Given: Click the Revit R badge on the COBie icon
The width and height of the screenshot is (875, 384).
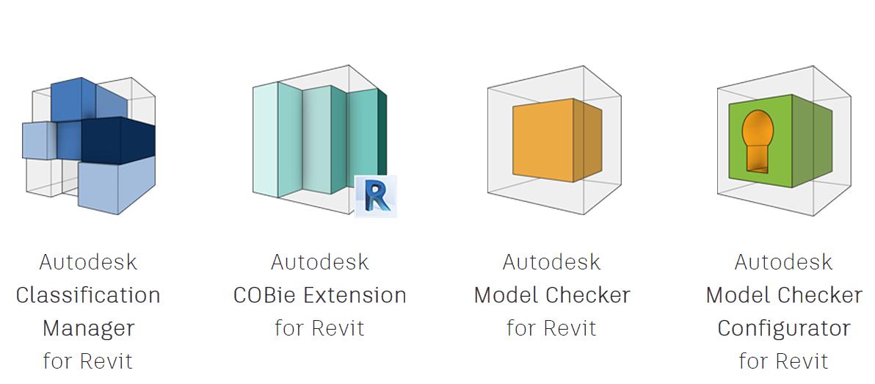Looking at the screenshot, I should pyautogui.click(x=376, y=196).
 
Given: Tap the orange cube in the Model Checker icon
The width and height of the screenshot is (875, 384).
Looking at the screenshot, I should pyautogui.click(x=543, y=141).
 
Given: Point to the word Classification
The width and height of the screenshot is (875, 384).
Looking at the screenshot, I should pyautogui.click(x=88, y=295).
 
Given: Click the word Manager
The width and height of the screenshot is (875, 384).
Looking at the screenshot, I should pyautogui.click(x=88, y=328).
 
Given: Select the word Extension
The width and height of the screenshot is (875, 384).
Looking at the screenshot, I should pyautogui.click(x=355, y=295).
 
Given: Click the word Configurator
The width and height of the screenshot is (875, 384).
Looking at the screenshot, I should pyautogui.click(x=783, y=328).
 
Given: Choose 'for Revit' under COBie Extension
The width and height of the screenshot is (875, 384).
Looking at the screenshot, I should pyautogui.click(x=319, y=328).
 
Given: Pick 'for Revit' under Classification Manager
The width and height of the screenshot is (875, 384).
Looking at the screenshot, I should pyautogui.click(x=88, y=361).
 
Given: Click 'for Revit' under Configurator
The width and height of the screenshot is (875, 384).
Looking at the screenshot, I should pyautogui.click(x=783, y=361).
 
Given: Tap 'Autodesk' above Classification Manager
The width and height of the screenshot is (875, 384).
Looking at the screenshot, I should pyautogui.click(x=88, y=262).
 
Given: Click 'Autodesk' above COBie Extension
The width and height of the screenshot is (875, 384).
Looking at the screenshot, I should pyautogui.click(x=319, y=262).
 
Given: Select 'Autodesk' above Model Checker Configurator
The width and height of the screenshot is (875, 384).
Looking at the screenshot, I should pyautogui.click(x=783, y=262).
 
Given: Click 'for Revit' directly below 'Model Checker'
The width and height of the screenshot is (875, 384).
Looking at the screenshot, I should pyautogui.click(x=551, y=328).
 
